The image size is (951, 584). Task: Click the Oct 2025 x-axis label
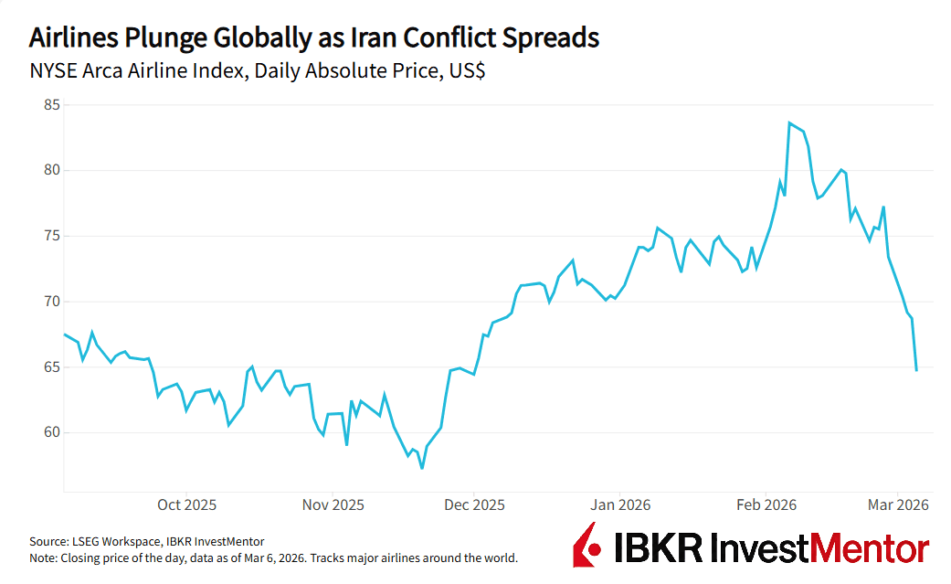[x=186, y=505]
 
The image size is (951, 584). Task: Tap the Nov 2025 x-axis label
[x=333, y=505]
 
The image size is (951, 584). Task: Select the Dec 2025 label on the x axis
[x=473, y=505]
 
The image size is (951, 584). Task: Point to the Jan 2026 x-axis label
[x=620, y=505]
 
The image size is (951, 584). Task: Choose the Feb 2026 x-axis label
[x=766, y=505]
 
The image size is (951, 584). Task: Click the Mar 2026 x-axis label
[x=898, y=505]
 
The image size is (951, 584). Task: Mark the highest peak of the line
[x=788, y=122]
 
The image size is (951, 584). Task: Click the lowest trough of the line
[x=422, y=468]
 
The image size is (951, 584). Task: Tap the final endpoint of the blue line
[x=916, y=370]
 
